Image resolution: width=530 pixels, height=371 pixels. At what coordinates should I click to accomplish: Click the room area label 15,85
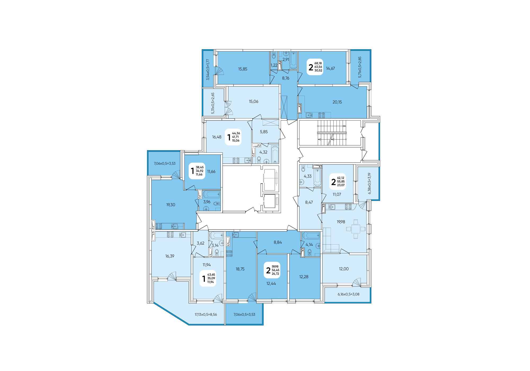[x=242, y=69]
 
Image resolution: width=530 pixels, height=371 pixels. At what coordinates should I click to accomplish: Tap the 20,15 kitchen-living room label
[x=337, y=102]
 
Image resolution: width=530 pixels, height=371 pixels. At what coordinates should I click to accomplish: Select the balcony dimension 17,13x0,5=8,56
[x=206, y=315]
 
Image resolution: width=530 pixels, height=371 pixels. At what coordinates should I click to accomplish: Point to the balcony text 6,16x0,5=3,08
[x=348, y=294]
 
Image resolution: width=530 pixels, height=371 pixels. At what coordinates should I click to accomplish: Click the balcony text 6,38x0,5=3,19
[x=370, y=183]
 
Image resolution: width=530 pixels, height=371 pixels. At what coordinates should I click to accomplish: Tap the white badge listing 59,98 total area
[x=272, y=270]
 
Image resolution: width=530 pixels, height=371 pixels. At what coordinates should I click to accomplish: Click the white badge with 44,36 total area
[x=233, y=137]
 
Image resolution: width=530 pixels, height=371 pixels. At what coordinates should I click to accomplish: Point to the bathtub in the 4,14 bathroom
[x=312, y=236]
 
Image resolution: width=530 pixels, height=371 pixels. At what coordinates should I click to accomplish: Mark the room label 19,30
[x=171, y=205]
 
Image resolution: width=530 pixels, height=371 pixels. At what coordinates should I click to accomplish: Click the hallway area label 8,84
[x=278, y=242]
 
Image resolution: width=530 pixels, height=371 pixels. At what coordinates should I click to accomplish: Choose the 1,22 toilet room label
[x=274, y=65]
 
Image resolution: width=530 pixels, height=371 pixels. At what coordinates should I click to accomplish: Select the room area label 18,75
[x=240, y=269]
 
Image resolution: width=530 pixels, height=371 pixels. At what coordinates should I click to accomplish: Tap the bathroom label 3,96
[x=207, y=202]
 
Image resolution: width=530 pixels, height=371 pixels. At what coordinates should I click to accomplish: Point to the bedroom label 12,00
[x=344, y=269]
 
